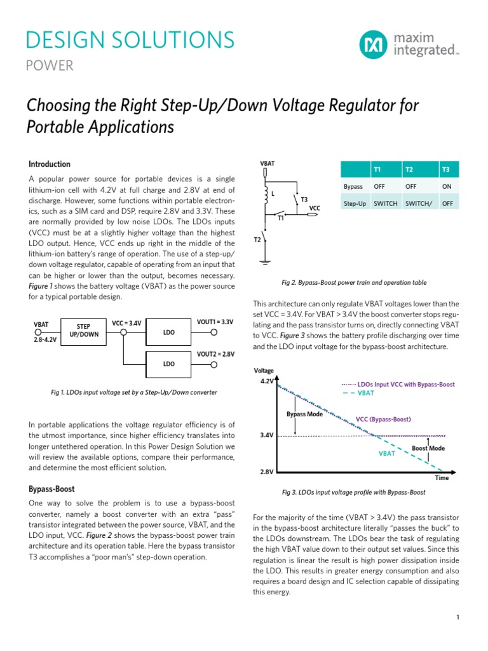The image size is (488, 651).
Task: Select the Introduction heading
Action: pos(50,164)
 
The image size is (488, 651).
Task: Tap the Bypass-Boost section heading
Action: pos(51,489)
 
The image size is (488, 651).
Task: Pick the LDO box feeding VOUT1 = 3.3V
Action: pos(169,332)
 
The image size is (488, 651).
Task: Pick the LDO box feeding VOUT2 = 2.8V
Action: pos(169,364)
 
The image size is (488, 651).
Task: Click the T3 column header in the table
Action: pos(445,170)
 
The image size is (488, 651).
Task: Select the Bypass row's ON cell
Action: pos(447,187)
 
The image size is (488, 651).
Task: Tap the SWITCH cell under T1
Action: pos(386,203)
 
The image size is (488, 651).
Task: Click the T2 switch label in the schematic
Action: pos(257,240)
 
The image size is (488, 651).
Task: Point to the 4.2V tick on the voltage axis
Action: pos(266,381)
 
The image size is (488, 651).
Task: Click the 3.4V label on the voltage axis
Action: pos(266,435)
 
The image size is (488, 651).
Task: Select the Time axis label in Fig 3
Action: pos(441,477)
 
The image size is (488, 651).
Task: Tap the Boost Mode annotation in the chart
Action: pos(428,448)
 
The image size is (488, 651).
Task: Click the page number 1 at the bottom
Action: pos(457,617)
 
